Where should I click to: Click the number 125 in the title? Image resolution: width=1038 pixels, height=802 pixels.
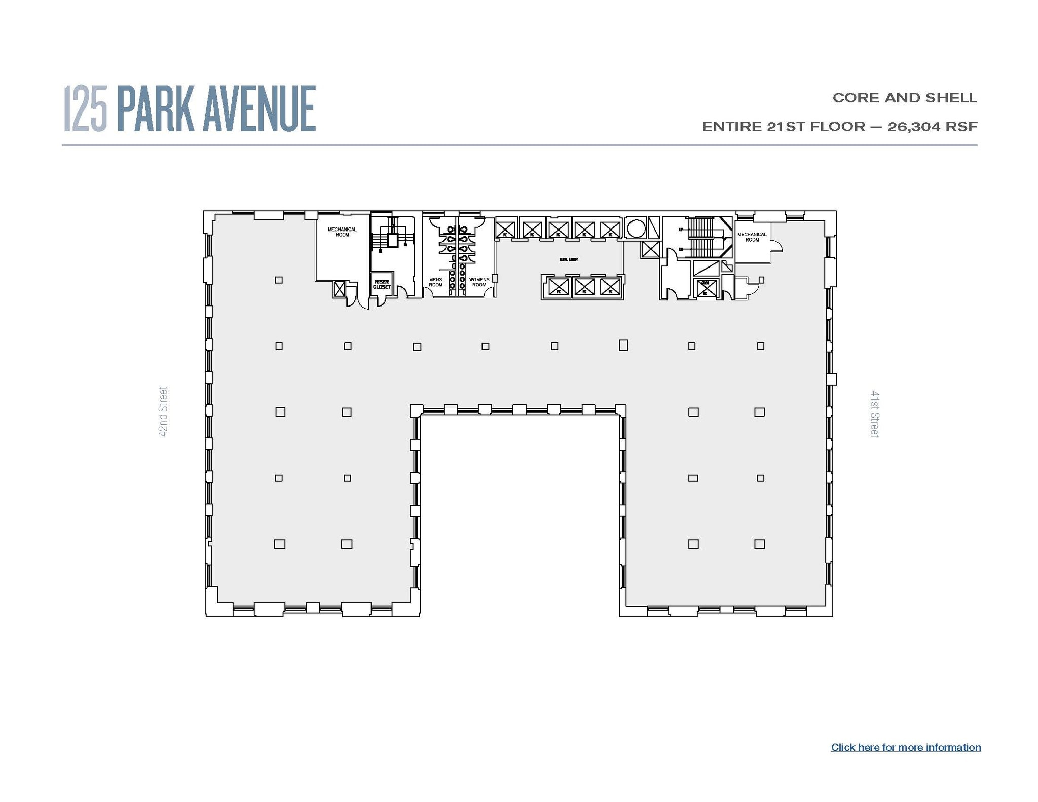coord(86,109)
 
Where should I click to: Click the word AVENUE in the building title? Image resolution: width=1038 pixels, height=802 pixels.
coord(259,109)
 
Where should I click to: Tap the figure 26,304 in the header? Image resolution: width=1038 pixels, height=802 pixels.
coord(913,127)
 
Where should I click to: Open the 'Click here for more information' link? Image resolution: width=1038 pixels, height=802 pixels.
coord(906,747)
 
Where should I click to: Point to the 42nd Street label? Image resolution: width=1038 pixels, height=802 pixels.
coord(163,411)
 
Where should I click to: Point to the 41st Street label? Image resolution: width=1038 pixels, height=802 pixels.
coord(875,413)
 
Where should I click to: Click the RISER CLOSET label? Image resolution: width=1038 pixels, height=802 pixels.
coord(382,284)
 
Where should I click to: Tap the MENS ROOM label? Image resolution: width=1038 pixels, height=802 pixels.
coord(435,282)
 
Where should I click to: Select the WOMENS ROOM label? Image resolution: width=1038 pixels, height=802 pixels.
coord(479,282)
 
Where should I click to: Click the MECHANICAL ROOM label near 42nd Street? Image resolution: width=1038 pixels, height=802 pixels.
coord(342,232)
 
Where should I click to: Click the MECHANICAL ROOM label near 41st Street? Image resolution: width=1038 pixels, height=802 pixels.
coord(752,237)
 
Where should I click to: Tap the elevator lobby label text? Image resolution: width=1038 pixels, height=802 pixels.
coord(569,260)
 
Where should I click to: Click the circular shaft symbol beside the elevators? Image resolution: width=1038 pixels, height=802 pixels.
coord(636,228)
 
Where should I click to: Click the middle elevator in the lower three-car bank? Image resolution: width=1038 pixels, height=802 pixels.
coord(584,287)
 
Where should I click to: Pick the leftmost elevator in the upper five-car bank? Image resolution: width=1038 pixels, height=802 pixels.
coord(505,230)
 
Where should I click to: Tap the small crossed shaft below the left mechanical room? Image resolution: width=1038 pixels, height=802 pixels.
coord(339,289)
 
